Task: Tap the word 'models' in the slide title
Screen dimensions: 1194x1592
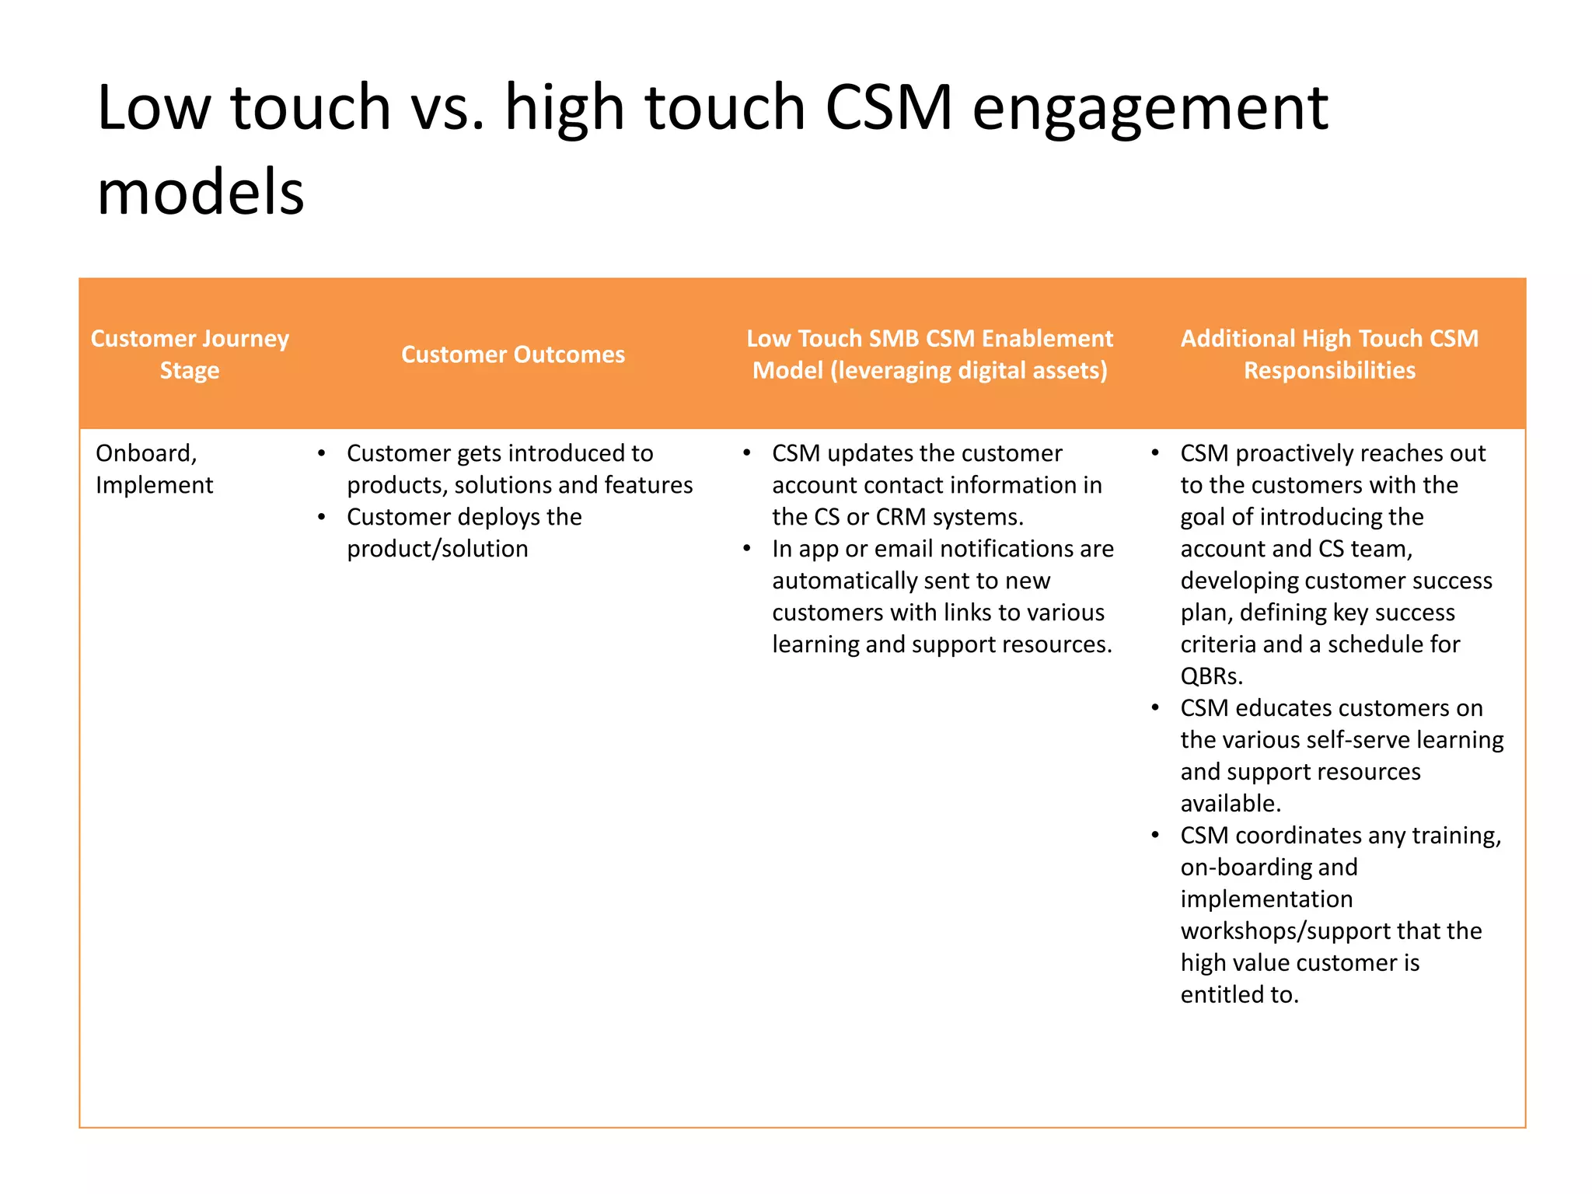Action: pyautogui.click(x=201, y=192)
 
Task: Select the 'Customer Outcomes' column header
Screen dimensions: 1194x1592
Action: pyautogui.click(x=512, y=354)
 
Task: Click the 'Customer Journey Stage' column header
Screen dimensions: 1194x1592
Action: pyautogui.click(x=190, y=354)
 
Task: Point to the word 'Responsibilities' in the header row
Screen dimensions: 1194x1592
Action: pyautogui.click(x=1329, y=370)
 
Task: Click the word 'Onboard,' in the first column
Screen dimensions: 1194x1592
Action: pyautogui.click(x=146, y=453)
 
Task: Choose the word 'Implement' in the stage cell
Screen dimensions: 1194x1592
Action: pyautogui.click(x=154, y=485)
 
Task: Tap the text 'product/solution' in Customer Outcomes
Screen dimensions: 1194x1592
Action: pyautogui.click(x=437, y=549)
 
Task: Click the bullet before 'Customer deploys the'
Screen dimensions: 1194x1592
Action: pyautogui.click(x=321, y=517)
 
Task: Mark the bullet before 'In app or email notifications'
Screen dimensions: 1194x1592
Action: pyautogui.click(x=746, y=549)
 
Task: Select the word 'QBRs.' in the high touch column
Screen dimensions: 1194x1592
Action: pyautogui.click(x=1211, y=676)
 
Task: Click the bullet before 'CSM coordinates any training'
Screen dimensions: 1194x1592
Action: pyautogui.click(x=1155, y=836)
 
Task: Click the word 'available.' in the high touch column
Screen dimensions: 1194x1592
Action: pyautogui.click(x=1230, y=804)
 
